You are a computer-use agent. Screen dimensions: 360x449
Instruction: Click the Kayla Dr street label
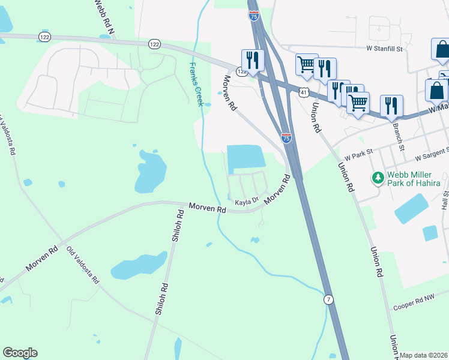[x=246, y=202]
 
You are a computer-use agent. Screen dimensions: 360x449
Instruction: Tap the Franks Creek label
[x=196, y=84]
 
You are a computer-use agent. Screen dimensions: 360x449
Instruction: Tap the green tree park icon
[x=378, y=178]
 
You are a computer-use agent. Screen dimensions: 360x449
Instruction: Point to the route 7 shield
[x=328, y=299]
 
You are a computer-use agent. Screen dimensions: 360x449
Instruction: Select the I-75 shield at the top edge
[x=254, y=16]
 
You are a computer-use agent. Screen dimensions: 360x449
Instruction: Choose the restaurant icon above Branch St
[x=391, y=105]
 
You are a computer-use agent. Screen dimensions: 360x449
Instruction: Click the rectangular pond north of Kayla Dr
[x=246, y=158]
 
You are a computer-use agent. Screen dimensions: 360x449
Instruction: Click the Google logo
[x=20, y=353]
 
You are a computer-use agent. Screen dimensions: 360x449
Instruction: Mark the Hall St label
[x=445, y=198]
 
